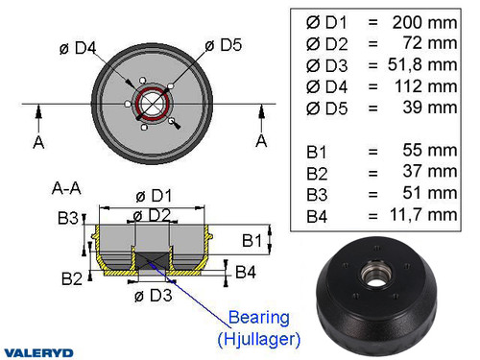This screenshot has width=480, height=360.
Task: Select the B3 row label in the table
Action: (318, 194)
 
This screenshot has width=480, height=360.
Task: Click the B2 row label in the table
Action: (318, 173)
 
